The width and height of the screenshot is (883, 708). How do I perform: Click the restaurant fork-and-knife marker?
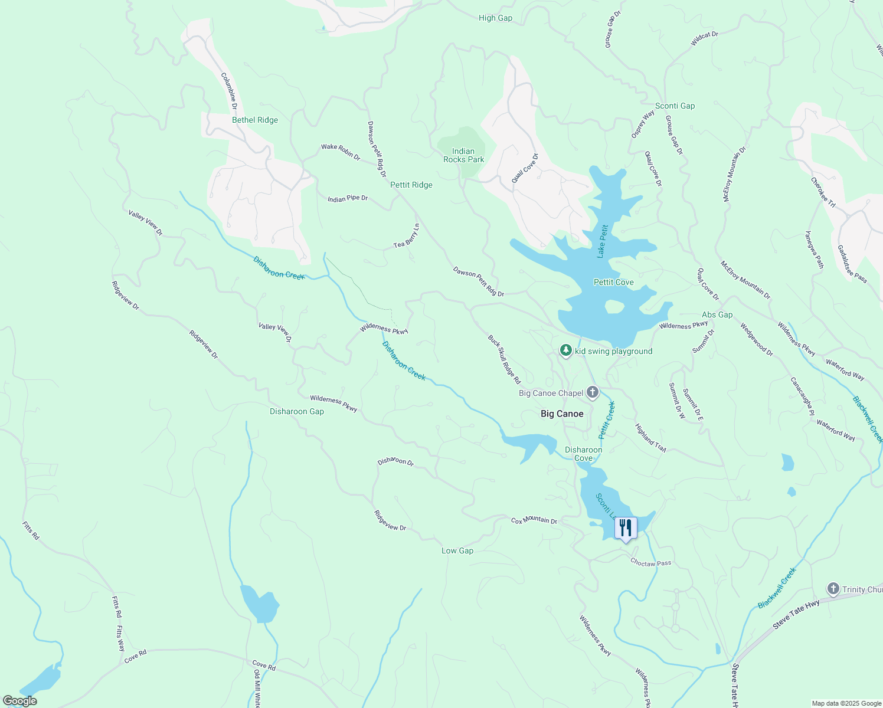pyautogui.click(x=626, y=527)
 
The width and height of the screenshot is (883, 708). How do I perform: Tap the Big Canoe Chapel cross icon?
pyautogui.click(x=593, y=392)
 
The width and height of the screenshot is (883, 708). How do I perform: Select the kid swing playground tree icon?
pyautogui.click(x=566, y=351)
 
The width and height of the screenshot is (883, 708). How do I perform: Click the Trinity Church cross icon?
pyautogui.click(x=833, y=589)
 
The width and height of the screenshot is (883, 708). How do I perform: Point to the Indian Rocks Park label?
pyautogui.click(x=463, y=155)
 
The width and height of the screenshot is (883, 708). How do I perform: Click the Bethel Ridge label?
pyautogui.click(x=254, y=120)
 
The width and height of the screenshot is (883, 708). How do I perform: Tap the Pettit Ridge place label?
pyautogui.click(x=411, y=185)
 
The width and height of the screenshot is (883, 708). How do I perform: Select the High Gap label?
pyautogui.click(x=495, y=18)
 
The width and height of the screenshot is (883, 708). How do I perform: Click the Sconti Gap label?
pyautogui.click(x=675, y=106)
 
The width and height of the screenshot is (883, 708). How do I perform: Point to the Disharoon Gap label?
pyautogui.click(x=296, y=411)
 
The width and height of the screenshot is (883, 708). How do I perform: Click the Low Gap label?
pyautogui.click(x=457, y=550)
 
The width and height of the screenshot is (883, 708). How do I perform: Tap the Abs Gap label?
pyautogui.click(x=717, y=314)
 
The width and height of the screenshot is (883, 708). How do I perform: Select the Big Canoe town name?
pyautogui.click(x=562, y=414)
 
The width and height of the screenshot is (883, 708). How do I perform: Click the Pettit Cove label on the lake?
pyautogui.click(x=613, y=282)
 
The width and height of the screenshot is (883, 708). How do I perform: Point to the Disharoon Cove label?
pyautogui.click(x=583, y=454)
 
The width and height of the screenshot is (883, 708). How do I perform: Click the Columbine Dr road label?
pyautogui.click(x=229, y=91)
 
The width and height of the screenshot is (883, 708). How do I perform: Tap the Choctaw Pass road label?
pyautogui.click(x=650, y=563)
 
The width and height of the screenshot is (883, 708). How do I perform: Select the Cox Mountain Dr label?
pyautogui.click(x=534, y=520)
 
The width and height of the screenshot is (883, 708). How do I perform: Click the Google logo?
pyautogui.click(x=19, y=701)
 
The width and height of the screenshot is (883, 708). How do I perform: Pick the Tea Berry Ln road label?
pyautogui.click(x=408, y=235)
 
